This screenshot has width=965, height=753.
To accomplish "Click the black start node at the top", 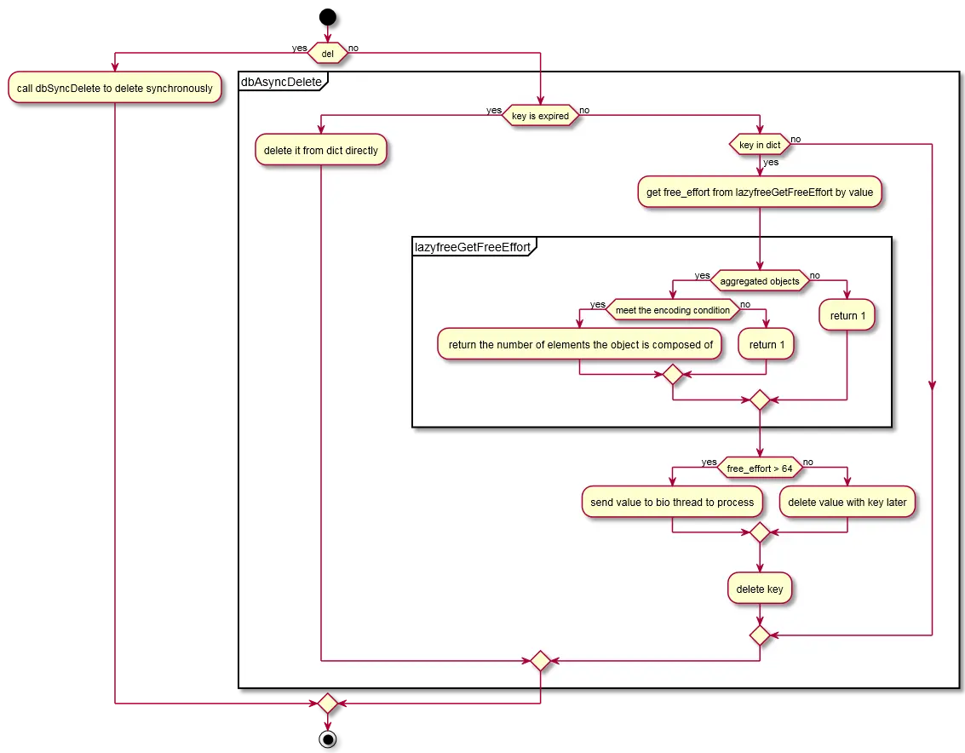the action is coord(327,17).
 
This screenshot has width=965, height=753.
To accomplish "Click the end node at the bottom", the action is coord(327,739).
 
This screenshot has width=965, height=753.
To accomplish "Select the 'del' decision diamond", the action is coord(327,53).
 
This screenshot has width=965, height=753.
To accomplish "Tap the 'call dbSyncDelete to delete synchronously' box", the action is coord(114,88).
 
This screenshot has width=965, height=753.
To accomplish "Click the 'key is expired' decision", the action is coord(540,115).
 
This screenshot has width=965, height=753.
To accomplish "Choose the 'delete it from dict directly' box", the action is coord(320,150).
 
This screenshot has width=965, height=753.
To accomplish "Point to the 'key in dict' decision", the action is coord(760,145).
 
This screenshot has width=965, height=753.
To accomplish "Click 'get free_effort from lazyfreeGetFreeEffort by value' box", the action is coord(760,192).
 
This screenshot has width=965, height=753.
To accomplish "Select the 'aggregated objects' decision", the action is coord(760,281).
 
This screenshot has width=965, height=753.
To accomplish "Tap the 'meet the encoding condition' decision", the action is coord(673,310).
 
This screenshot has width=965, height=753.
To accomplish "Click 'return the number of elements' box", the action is coord(580,344).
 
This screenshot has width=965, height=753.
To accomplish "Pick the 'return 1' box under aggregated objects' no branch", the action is coord(847,315).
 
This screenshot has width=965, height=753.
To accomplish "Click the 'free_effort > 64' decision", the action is coord(760,468).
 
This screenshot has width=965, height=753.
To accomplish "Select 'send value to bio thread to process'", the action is coord(672,502).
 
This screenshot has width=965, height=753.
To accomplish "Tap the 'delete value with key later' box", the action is coord(847,502).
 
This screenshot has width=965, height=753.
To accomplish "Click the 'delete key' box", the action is coord(760,589).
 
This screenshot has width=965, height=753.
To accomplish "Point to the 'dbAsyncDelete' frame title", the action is coord(282,81).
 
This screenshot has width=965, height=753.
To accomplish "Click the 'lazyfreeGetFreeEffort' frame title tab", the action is coord(473,247).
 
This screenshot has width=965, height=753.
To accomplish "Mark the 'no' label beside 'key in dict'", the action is coord(796,139).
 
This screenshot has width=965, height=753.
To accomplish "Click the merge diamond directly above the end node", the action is coord(327,703).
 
